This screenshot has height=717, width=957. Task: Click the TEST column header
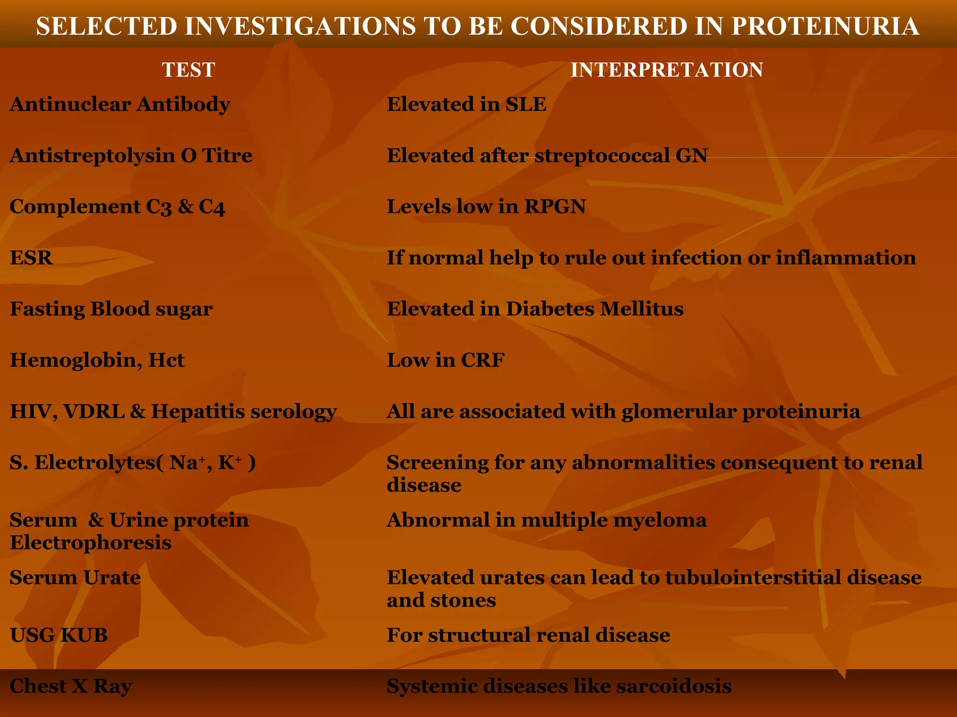pos(188,70)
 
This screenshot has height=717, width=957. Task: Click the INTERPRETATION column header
pos(667,70)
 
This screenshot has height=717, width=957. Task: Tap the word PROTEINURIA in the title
pos(825,26)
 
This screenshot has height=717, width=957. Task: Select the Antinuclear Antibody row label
pos(120,104)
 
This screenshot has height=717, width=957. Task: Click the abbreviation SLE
pos(526,104)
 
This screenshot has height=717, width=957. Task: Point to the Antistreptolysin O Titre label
pos(131,155)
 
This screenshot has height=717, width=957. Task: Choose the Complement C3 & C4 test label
pos(117,207)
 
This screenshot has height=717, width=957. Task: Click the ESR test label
pos(31,258)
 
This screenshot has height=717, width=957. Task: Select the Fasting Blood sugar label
pos(111,309)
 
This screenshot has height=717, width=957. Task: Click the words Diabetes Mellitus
pos(594,309)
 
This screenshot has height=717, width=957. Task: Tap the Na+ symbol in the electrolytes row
pos(185,463)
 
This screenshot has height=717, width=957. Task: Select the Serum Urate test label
pos(75,578)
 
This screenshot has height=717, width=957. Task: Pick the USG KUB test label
pos(59,635)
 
